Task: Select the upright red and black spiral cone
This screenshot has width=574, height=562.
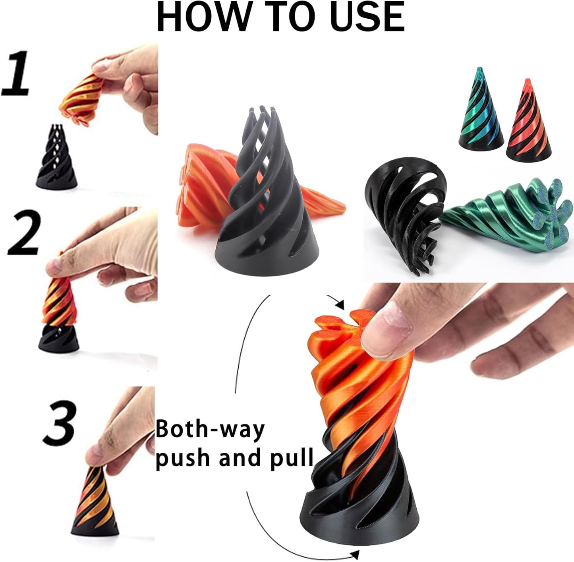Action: tap(528, 120)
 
